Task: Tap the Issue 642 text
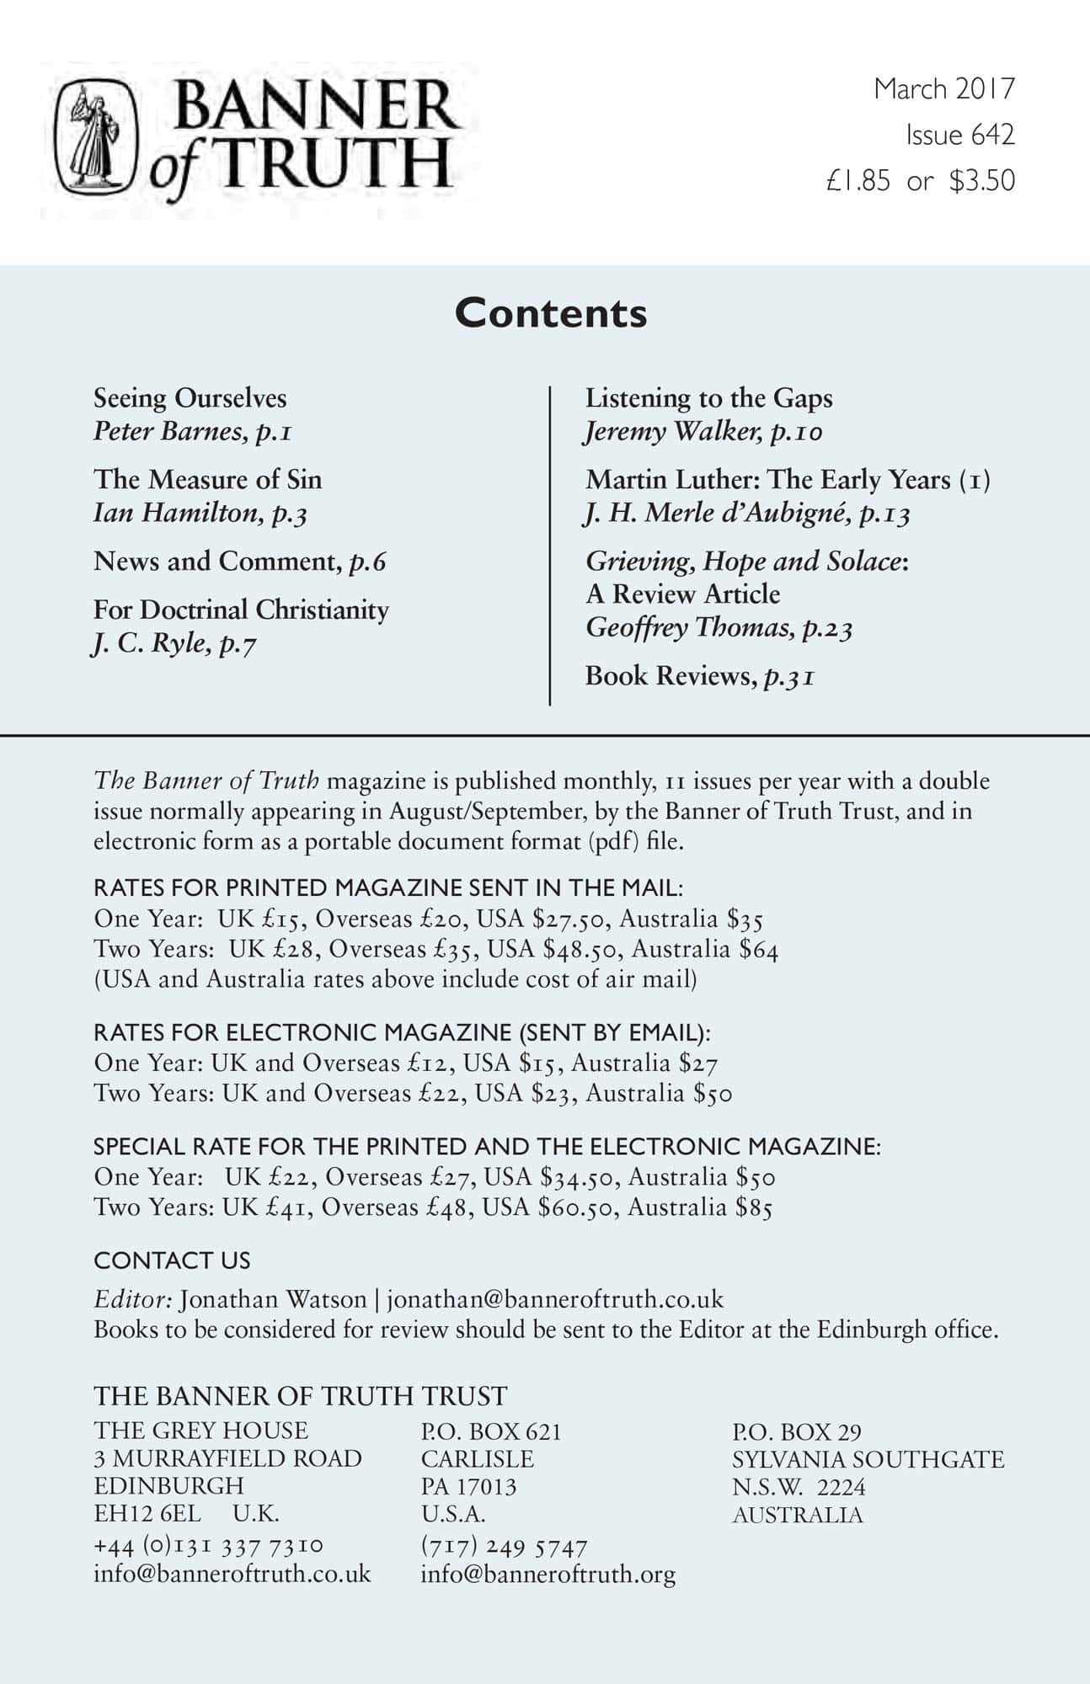tap(960, 135)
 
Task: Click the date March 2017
tap(944, 88)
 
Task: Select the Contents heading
tap(551, 313)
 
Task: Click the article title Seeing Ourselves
tap(190, 398)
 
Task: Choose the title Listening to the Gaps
tap(708, 398)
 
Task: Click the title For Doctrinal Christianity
tap(241, 610)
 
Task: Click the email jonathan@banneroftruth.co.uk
tap(555, 1299)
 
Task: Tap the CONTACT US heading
tap(172, 1260)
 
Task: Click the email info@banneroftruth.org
tap(548, 1574)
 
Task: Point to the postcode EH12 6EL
tap(147, 1513)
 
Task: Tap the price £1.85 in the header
tap(858, 181)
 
